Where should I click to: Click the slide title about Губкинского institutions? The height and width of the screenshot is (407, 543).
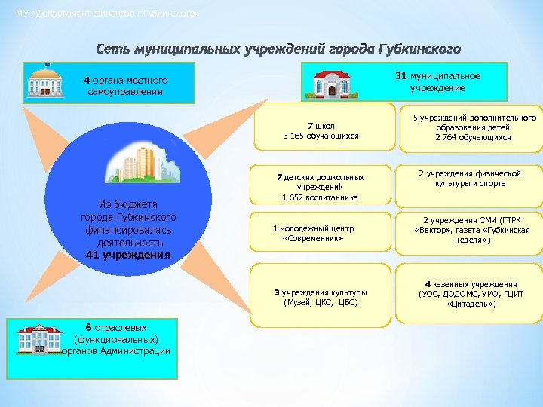pos(278,50)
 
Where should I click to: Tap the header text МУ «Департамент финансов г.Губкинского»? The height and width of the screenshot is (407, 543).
pos(108,14)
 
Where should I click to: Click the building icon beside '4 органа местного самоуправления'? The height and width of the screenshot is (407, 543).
pos(45,80)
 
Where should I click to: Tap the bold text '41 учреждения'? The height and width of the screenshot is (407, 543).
pos(128,255)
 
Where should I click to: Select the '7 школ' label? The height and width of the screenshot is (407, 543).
pos(321,125)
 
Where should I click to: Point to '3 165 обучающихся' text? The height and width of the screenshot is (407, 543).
pos(321,136)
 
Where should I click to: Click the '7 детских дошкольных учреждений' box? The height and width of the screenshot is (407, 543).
pos(321,187)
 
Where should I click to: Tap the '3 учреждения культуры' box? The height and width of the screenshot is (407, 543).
pos(321,297)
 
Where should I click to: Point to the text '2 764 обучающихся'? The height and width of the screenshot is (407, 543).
pos(473,137)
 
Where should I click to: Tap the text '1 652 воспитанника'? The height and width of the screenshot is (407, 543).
pos(321,197)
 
